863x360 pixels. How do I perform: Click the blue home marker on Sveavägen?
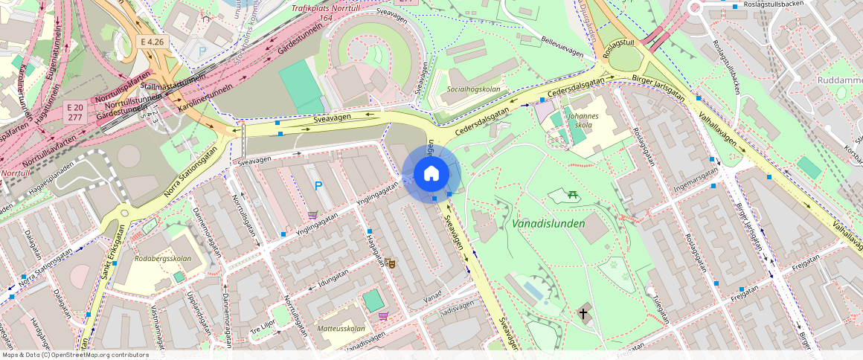431,174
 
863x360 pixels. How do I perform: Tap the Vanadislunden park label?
548,223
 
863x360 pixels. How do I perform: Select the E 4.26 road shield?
152,42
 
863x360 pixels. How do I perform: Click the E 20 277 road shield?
74,112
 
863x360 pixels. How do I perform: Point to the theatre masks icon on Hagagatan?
389,263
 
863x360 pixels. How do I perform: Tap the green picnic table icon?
573,195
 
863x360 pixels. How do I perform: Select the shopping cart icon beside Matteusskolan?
383,315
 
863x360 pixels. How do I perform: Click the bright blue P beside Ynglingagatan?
318,186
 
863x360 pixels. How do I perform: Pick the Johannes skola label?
583,120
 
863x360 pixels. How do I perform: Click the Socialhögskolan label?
473,89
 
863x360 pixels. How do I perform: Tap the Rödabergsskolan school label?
163,259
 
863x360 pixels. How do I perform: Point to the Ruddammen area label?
839,80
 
